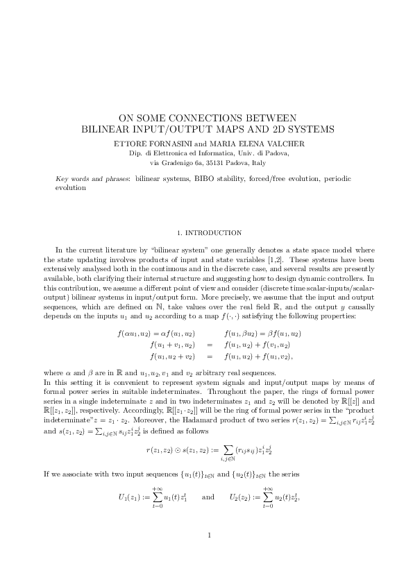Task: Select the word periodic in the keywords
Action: pos(338,179)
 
